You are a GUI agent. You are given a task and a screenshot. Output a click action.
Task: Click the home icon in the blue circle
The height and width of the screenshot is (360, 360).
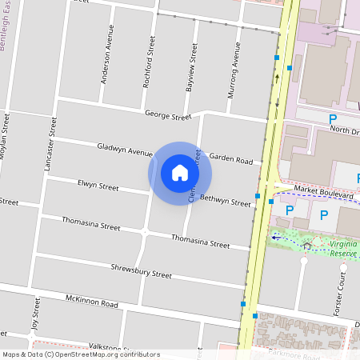180,172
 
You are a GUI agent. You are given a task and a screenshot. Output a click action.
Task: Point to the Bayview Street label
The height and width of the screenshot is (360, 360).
190,67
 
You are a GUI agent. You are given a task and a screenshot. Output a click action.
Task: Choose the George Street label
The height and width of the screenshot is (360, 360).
168,117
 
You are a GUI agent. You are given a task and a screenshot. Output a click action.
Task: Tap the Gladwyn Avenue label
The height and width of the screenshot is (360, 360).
124,149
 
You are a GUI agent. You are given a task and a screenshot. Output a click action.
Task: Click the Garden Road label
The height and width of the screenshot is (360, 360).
231,159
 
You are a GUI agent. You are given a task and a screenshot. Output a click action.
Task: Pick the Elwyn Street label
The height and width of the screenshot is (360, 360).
98,186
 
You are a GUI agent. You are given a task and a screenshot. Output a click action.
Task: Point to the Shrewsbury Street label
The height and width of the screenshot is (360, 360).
141,272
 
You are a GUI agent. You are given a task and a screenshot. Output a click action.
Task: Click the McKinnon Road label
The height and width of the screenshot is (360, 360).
91,302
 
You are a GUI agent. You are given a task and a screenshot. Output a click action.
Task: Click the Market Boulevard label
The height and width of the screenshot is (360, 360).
324,192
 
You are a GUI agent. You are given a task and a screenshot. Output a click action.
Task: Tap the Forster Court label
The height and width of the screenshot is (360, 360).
341,295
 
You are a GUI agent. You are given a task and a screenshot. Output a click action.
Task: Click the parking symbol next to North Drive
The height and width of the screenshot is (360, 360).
333,118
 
